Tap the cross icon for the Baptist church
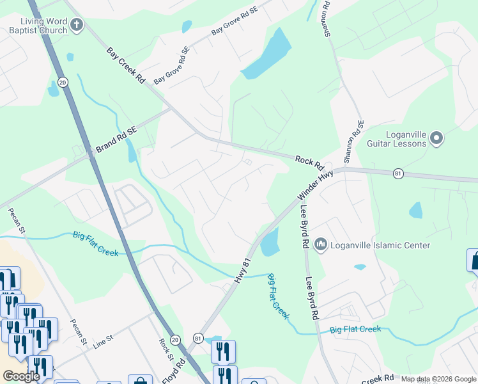pyautogui.click(x=76, y=26)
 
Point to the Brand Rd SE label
pyautogui.click(x=116, y=140)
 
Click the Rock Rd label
pyautogui.click(x=310, y=162)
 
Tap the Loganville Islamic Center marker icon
pyautogui.click(x=321, y=244)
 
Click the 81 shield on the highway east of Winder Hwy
pyautogui.click(x=398, y=173)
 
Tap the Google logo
pyautogui.click(x=22, y=376)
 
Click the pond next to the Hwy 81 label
pyautogui.click(x=270, y=242)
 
